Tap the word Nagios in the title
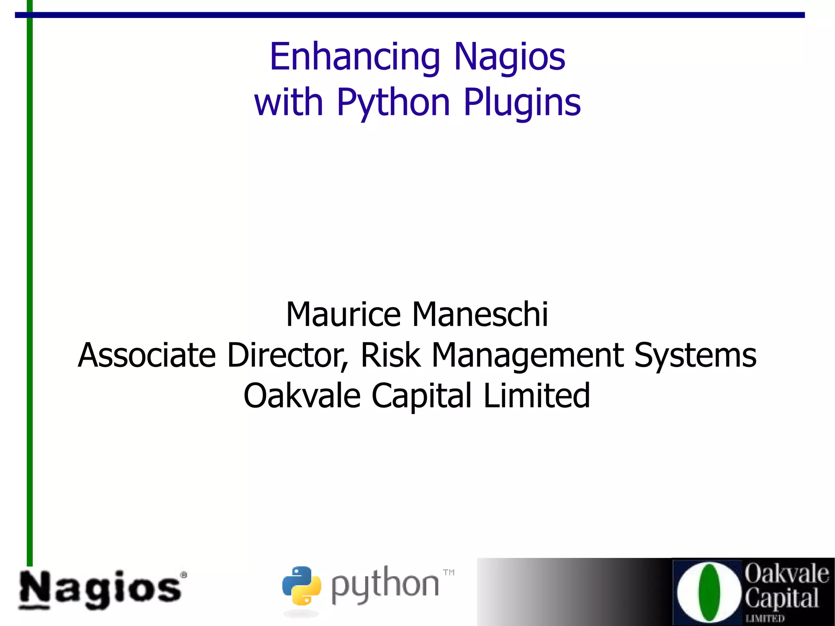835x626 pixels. coord(509,57)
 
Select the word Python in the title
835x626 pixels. coord(393,103)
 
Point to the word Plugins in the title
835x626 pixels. coord(522,103)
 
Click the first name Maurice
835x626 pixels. coord(344,314)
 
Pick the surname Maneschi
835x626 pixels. coord(480,314)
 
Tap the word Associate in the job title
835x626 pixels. coord(147,355)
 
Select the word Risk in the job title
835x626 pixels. coord(390,355)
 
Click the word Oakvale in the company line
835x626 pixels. coord(302,396)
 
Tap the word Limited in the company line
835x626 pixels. coord(537,396)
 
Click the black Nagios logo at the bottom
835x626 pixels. coord(100,590)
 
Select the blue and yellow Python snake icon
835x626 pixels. coord(302,586)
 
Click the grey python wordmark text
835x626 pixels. coord(385,586)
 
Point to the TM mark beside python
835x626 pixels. coord(449,573)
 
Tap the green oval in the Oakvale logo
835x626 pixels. coord(709,592)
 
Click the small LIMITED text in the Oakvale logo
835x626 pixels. coord(765,618)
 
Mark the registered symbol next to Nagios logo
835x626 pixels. coord(184,575)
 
